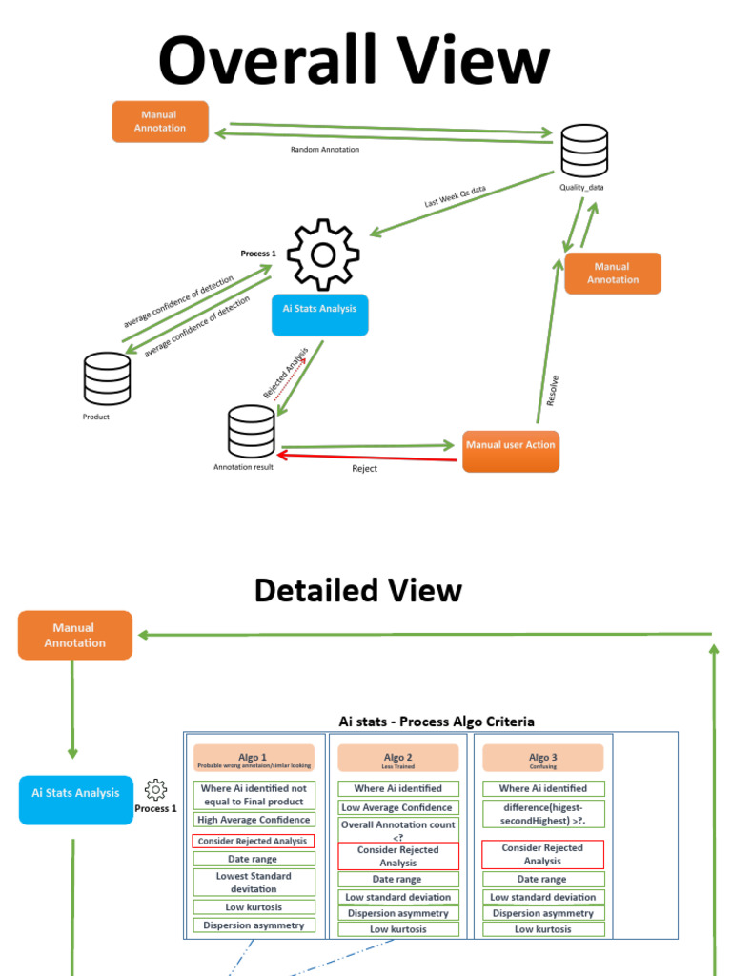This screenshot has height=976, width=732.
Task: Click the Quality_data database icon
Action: pos(583,151)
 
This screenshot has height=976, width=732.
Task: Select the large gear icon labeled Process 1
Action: pos(323,254)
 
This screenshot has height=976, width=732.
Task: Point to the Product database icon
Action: pos(107,378)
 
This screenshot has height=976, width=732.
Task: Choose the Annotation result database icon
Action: pos(252,432)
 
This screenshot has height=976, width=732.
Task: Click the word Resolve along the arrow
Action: pos(553,390)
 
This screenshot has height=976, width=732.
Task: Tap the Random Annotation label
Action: pos(325,150)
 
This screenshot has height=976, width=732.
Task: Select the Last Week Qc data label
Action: pos(455,197)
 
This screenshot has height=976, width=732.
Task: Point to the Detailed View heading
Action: pos(357,591)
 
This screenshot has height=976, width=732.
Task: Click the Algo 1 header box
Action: pos(253,758)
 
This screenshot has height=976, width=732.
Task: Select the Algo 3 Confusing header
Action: pos(542,758)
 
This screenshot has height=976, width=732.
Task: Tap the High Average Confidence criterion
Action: pos(253,820)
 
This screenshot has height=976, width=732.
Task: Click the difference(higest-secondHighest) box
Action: pos(542,813)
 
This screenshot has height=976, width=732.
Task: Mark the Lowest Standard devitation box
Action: pos(253,883)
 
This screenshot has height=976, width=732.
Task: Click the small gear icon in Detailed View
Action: pos(155,789)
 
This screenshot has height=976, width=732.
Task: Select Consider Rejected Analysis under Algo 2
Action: pos(397,856)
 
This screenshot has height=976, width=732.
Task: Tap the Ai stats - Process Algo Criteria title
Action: pos(437,722)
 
